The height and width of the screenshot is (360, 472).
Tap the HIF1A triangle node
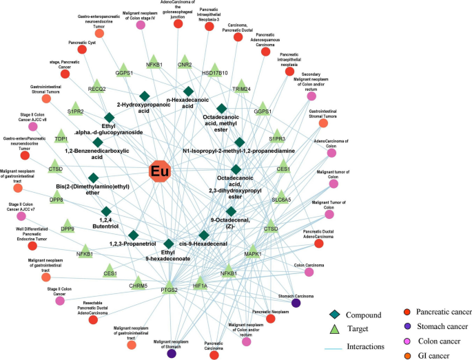pos(201,282)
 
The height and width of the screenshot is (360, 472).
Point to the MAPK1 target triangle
pos(252,251)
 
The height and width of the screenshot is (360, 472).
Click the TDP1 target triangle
pos(61,136)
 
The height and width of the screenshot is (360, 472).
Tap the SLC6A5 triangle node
pos(280,195)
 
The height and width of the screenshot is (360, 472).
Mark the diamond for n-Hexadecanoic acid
pos(188,91)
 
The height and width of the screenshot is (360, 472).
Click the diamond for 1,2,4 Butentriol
pos(106,211)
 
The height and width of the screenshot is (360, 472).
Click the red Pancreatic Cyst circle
pos(82,50)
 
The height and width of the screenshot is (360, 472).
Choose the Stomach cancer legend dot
pos(389,326)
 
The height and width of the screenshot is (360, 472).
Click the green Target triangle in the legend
pos(333,330)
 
